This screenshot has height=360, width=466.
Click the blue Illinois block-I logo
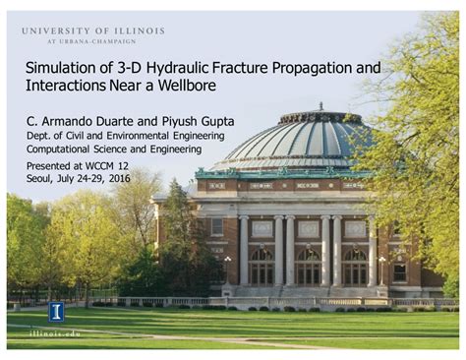point(56,312)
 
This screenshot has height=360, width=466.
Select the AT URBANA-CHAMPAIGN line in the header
point(93,42)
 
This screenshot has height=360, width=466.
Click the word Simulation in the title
point(66,69)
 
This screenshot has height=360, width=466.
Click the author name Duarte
point(113,122)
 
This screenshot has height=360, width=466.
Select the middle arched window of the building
point(308,267)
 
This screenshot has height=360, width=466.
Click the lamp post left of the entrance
point(227,270)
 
